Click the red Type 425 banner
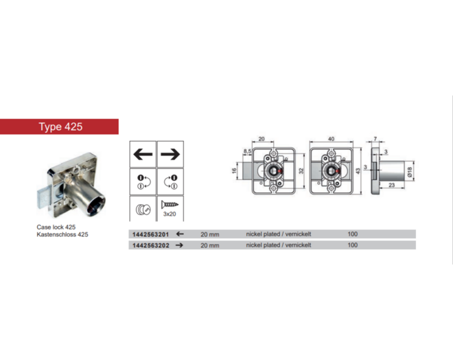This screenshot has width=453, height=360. click(59, 126)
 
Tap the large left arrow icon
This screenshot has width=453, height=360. click(143, 154)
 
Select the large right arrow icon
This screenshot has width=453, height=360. click(170, 154)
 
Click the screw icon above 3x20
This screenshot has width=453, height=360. click(170, 205)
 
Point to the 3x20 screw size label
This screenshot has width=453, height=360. click(170, 214)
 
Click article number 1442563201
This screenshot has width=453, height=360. click(150, 234)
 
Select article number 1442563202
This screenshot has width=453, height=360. click(150, 245)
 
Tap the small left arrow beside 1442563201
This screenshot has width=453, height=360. click(180, 234)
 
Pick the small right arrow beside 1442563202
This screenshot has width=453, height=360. click(180, 245)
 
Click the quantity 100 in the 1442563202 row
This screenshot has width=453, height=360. click(353, 245)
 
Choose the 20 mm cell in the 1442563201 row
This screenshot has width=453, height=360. click(210, 234)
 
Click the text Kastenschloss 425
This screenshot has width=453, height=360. click(62, 234)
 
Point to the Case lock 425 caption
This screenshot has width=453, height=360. click(56, 227)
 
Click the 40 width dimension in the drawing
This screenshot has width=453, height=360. click(331, 139)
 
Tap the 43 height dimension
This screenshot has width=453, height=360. click(358, 171)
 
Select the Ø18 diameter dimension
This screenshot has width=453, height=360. click(410, 172)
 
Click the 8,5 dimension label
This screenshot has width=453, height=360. click(247, 151)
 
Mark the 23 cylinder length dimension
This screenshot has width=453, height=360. click(392, 185)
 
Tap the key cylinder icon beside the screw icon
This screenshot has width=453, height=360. click(143, 209)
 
